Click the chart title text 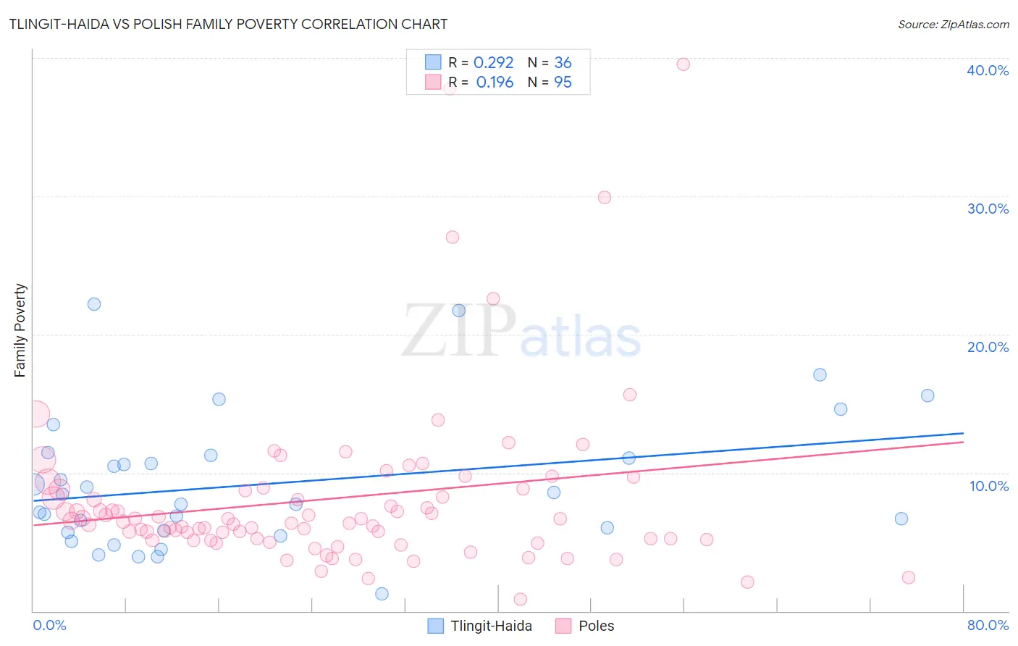point(228,24)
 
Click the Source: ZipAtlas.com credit point(953,24)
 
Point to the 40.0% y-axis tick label point(987,70)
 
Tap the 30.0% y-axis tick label point(987,209)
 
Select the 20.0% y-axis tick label point(987,347)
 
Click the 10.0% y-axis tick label point(988,486)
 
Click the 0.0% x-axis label point(49,625)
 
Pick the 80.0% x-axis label point(987,625)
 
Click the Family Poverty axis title point(20,330)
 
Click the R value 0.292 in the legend point(493,63)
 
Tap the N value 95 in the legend point(563,83)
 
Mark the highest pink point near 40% point(683,64)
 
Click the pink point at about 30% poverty point(605,198)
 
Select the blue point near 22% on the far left point(94,304)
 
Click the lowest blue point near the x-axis point(382,594)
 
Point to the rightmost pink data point point(908,577)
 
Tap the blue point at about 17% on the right point(820,375)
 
